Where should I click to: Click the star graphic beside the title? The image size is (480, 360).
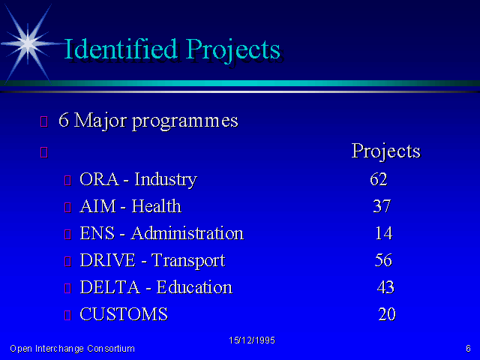click(28, 43)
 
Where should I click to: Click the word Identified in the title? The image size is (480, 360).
click(121, 49)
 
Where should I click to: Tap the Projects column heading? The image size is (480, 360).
click(386, 151)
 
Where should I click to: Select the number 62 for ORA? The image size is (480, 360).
click(379, 179)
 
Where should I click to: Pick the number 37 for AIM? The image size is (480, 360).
click(382, 206)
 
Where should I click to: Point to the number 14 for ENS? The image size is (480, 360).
click(384, 233)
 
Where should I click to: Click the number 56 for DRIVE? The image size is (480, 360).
click(383, 260)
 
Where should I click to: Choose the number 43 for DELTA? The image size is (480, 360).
click(385, 287)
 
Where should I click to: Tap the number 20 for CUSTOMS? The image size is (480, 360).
click(387, 314)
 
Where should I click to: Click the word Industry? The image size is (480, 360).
click(166, 180)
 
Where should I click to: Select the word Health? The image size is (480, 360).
click(157, 206)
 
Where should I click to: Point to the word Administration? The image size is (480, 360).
click(187, 233)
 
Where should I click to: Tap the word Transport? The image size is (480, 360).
click(188, 261)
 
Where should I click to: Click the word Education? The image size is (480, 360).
click(194, 287)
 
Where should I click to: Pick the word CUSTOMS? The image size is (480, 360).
click(124, 314)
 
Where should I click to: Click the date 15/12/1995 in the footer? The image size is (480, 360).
click(252, 340)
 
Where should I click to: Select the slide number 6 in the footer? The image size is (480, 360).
click(468, 348)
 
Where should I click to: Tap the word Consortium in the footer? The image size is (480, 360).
click(111, 349)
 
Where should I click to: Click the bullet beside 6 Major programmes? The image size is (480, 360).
click(43, 121)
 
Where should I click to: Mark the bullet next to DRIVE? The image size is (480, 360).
click(67, 262)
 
